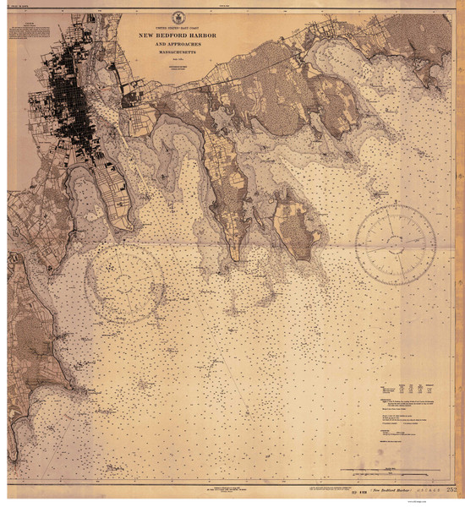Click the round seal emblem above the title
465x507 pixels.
178,18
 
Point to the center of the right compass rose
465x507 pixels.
396,244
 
